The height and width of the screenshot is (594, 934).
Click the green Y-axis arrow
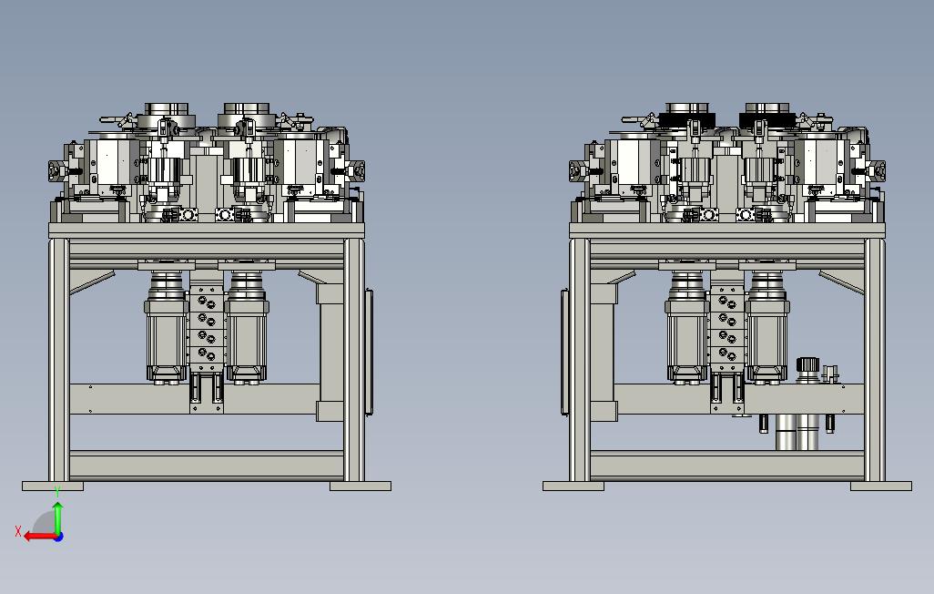pos(57,518)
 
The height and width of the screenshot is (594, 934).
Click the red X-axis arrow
pos(40,537)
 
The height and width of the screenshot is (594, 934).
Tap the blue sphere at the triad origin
pos(58,537)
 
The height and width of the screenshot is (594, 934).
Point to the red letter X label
pos(18,531)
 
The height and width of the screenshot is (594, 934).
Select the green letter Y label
pos(57,491)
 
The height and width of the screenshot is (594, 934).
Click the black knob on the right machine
pos(808,364)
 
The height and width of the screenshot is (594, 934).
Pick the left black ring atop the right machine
pos(686,118)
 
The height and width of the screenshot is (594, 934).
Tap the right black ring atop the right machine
pos(766,118)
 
